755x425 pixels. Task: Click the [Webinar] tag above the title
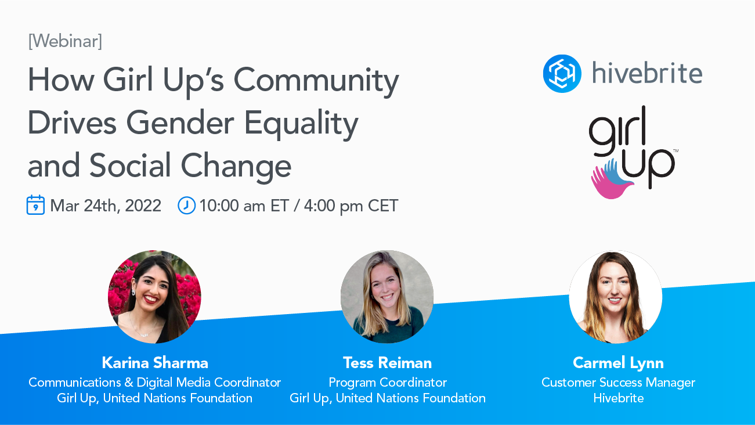65,41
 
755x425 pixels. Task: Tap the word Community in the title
316,82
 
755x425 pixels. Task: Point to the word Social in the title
130,165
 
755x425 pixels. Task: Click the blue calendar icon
35,205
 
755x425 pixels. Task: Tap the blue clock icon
186,206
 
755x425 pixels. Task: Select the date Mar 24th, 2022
106,206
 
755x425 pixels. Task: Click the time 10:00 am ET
244,206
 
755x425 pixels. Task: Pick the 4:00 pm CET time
351,206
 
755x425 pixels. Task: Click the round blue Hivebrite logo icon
562,74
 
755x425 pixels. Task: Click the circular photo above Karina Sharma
154,297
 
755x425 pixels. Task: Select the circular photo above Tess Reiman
387,297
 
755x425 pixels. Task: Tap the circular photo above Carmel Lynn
616,297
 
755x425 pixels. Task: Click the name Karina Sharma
155,363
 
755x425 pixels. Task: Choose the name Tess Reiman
387,363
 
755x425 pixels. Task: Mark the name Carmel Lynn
618,363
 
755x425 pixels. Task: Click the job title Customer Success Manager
618,383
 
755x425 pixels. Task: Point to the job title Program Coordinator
388,383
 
